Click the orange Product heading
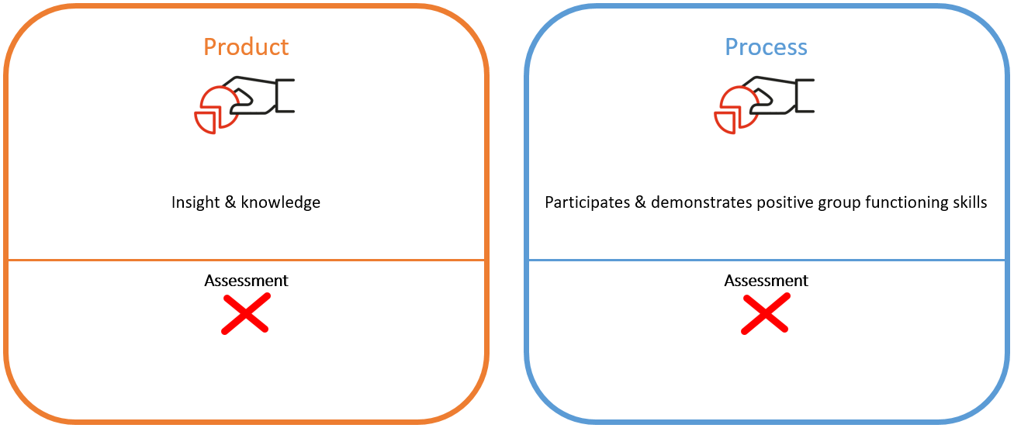pyautogui.click(x=246, y=47)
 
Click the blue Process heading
pyautogui.click(x=766, y=47)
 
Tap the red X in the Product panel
pyautogui.click(x=246, y=314)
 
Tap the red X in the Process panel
pyautogui.click(x=766, y=314)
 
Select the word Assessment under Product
pyautogui.click(x=246, y=281)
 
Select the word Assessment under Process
pyautogui.click(x=766, y=281)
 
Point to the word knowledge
pyautogui.click(x=281, y=203)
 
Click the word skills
pyautogui.click(x=968, y=203)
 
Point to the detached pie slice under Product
pyautogui.click(x=206, y=123)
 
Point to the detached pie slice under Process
pyautogui.click(x=725, y=123)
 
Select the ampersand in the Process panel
pyautogui.click(x=640, y=203)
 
